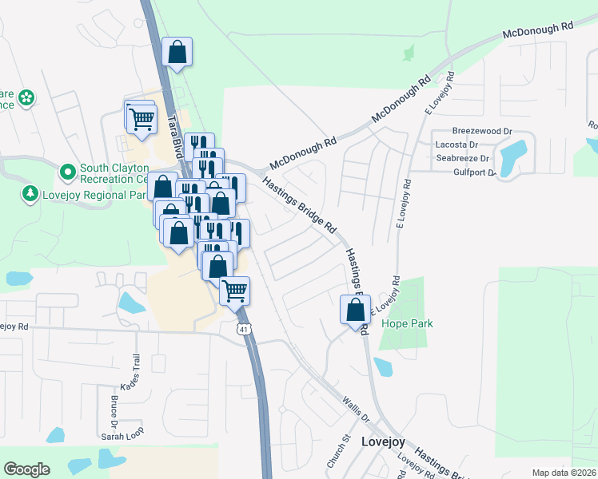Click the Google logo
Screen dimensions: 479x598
click(x=27, y=469)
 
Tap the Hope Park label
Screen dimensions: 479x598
click(x=407, y=323)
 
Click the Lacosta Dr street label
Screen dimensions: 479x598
click(x=456, y=144)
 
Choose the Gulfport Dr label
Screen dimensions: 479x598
click(x=475, y=172)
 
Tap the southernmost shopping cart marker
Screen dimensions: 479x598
click(x=235, y=291)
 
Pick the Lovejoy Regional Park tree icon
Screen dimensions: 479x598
click(x=30, y=194)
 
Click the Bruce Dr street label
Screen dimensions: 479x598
click(x=114, y=408)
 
